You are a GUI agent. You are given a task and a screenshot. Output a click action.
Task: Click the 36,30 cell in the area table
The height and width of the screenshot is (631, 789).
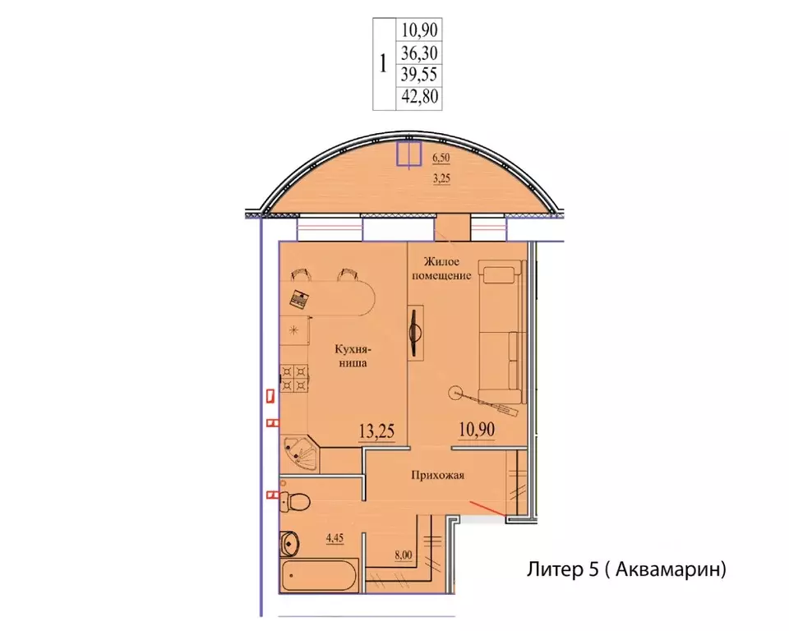click(419, 53)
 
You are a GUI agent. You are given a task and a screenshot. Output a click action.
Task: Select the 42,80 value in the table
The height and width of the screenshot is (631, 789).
click(419, 95)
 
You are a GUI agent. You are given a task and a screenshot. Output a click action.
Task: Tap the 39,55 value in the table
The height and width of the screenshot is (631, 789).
click(419, 75)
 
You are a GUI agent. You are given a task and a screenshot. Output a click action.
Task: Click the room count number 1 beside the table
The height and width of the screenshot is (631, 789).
click(384, 64)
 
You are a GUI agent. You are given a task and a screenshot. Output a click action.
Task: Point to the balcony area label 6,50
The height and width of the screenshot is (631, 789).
click(441, 158)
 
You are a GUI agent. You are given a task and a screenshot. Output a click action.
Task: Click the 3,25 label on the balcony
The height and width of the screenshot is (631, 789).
click(441, 178)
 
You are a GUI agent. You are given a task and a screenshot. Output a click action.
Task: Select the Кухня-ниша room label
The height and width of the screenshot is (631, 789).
click(353, 355)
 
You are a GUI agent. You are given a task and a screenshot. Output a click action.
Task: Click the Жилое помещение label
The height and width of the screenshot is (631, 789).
click(441, 268)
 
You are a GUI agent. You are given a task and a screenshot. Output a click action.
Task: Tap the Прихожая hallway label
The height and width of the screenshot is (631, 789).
click(437, 475)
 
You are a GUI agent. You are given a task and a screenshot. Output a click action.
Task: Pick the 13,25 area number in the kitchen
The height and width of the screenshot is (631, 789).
click(376, 431)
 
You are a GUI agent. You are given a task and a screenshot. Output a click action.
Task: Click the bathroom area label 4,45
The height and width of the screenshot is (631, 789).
click(335, 538)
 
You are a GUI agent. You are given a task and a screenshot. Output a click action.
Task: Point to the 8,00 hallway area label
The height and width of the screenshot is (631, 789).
click(403, 555)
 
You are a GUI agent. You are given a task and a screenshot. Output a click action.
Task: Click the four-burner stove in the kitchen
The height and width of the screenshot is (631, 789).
click(294, 379)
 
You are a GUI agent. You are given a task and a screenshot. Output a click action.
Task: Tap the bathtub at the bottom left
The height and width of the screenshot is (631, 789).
click(319, 575)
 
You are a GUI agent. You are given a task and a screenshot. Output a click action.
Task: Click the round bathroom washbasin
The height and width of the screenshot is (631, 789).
click(290, 542)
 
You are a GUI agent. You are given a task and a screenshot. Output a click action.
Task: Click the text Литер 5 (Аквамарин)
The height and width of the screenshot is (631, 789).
click(626, 569)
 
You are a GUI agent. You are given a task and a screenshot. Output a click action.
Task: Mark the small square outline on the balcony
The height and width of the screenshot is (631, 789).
click(408, 154)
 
